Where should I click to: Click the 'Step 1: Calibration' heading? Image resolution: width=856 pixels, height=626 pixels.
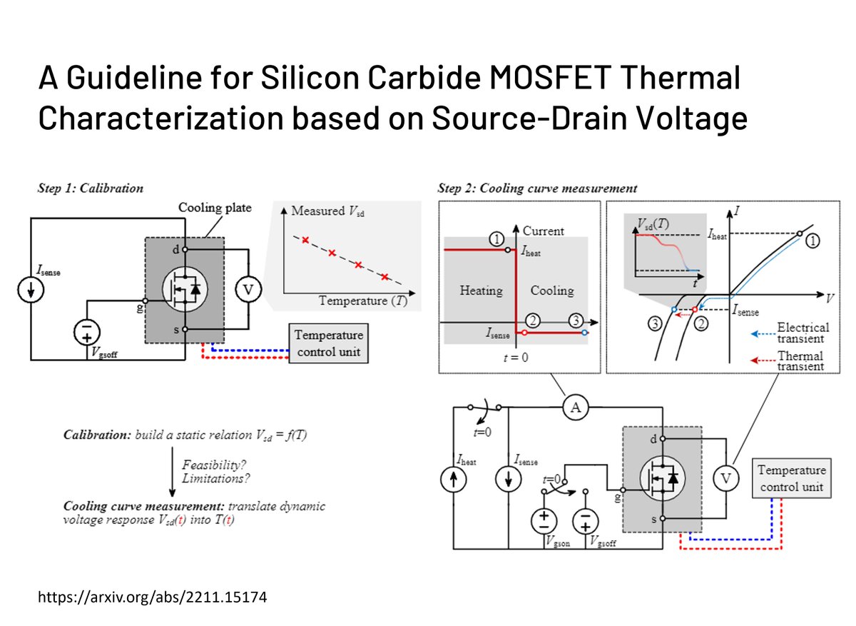[91, 188]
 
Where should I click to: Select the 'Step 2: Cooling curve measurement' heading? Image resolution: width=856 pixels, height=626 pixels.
[537, 188]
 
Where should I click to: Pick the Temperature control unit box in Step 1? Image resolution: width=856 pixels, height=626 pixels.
[328, 343]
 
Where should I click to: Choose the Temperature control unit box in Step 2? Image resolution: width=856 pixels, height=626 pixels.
[791, 479]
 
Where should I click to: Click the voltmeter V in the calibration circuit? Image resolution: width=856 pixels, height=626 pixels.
[249, 289]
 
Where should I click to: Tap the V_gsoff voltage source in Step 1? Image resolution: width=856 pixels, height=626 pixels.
[89, 331]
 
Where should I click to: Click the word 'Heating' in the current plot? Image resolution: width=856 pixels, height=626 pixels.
[480, 291]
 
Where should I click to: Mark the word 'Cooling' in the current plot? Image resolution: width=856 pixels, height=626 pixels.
[551, 291]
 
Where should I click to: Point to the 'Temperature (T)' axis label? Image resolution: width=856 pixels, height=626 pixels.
[363, 301]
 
